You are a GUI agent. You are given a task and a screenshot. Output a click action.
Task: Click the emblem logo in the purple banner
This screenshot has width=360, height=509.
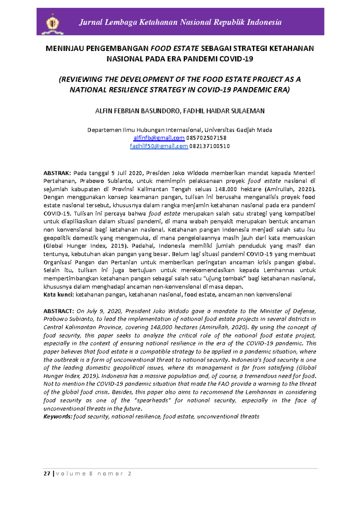pos(53,23)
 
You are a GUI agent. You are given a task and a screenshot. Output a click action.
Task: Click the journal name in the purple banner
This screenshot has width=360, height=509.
pos(180,22)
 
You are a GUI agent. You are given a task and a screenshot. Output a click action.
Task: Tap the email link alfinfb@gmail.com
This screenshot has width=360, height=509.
pos(159,138)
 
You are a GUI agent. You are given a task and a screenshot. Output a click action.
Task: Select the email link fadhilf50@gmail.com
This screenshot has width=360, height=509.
pos(159,146)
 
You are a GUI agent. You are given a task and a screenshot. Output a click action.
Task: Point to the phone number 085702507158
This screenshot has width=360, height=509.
pos(206,138)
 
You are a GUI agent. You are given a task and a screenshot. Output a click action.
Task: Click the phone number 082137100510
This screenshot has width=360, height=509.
pos(209,146)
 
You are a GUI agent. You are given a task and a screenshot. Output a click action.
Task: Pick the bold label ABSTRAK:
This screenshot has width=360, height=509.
pos(57,173)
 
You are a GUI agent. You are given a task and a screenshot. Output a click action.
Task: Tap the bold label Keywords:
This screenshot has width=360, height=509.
pos(58,417)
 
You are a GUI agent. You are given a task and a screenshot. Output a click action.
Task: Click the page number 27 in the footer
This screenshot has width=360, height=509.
pos(47,474)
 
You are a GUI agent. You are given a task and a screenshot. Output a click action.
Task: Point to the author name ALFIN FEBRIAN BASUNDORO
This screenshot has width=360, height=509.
pos(138,111)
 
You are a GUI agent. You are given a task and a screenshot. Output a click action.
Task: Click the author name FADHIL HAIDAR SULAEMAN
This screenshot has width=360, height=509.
pos(224,111)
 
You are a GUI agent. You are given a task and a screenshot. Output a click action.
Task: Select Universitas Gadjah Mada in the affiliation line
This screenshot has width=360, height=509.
pos(238,130)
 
